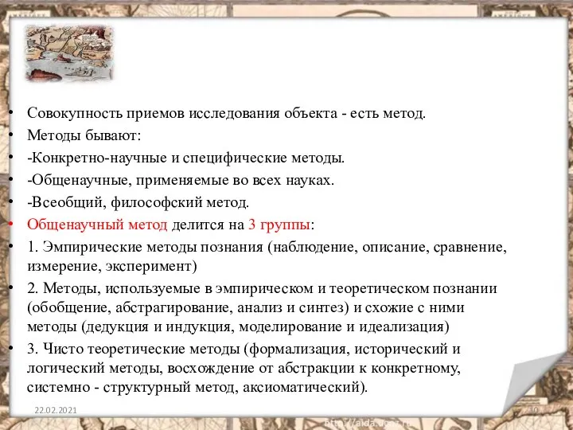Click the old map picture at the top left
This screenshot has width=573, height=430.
(x=69, y=53)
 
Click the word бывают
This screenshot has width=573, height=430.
(x=116, y=135)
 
